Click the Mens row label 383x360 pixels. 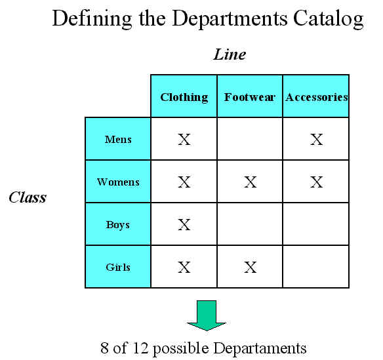118,139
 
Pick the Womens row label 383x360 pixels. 118,182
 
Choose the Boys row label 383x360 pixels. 118,224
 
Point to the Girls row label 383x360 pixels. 118,267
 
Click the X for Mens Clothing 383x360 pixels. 184,140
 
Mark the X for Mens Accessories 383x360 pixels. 317,140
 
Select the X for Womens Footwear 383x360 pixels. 251,182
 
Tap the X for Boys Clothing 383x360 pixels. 184,225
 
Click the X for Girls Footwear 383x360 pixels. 251,267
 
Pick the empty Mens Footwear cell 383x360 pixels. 250,139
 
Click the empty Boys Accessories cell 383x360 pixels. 316,224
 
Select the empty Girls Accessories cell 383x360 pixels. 316,266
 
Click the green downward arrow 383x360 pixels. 207,315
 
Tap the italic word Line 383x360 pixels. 230,54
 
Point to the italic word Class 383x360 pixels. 28,197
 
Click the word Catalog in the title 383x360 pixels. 329,19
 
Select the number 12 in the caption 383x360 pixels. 140,348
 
